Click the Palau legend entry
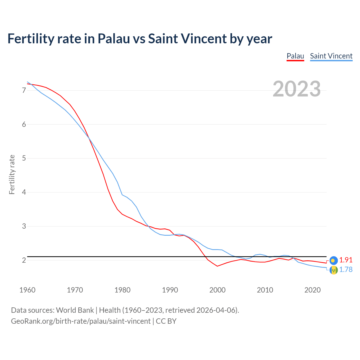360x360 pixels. click(295, 56)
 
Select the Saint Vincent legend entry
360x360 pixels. click(331, 56)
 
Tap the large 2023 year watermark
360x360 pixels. click(297, 89)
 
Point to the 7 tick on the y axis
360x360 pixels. click(24, 90)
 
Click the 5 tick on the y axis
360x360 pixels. click(24, 158)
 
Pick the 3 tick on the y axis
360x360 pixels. click(24, 226)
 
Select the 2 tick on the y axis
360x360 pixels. click(24, 260)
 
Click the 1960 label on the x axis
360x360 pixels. click(27, 290)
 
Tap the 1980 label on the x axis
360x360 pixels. click(122, 290)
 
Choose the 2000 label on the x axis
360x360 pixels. click(217, 290)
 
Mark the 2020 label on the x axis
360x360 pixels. click(312, 290)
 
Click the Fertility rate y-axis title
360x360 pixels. click(12, 174)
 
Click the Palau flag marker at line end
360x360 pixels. click(333, 260)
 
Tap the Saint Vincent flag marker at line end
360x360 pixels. click(333, 270)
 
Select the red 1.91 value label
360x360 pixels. click(346, 260)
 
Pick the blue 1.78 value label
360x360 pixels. click(346, 269)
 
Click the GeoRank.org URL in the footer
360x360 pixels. click(81, 321)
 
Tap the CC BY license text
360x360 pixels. click(166, 321)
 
